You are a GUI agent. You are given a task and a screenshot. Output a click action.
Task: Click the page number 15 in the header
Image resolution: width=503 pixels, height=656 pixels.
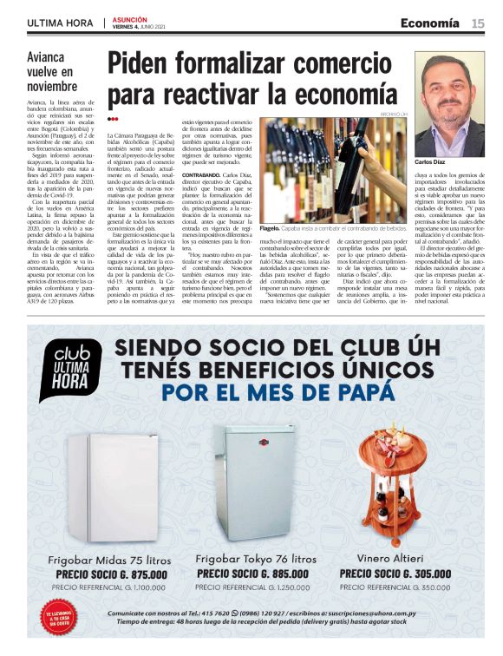pos(477,23)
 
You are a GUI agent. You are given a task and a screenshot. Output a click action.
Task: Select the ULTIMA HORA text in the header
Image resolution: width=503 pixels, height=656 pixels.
pos(60,23)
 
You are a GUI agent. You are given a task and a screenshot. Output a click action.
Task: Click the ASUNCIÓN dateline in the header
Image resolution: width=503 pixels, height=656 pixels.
pos(131,18)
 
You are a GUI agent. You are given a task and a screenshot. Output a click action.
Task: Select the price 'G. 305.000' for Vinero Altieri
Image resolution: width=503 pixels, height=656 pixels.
pos(414,573)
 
